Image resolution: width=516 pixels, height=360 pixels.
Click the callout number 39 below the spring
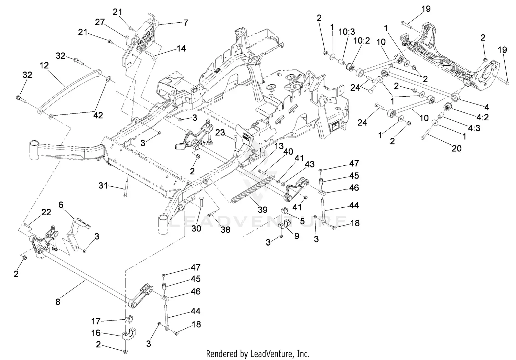pos(262,209)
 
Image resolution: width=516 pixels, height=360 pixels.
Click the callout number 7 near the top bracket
pos(185,23)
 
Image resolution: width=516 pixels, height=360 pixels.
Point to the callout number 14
pos(181,48)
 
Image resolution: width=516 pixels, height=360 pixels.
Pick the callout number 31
pos(103,186)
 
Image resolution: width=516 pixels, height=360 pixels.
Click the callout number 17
pos(96,321)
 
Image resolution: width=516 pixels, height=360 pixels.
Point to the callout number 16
pos(96,333)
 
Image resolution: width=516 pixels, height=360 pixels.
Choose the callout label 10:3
pos(346,32)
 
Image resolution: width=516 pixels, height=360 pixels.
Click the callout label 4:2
pos(483,117)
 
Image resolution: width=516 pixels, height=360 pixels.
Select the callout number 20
pos(456,148)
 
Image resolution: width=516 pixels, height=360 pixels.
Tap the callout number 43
pos(309,164)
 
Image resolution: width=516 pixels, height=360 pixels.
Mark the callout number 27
pos(99,22)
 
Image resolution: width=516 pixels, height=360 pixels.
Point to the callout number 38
pos(225,229)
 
